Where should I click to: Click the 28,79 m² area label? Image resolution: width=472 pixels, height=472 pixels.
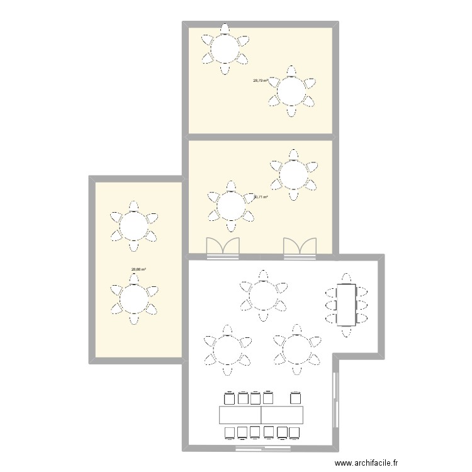(x=261, y=81)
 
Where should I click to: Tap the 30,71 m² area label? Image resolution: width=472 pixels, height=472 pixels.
(x=261, y=197)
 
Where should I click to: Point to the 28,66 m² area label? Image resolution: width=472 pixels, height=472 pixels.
(x=138, y=270)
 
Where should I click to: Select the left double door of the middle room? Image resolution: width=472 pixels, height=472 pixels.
(x=223, y=248)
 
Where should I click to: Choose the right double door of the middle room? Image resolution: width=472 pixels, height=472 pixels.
(x=300, y=248)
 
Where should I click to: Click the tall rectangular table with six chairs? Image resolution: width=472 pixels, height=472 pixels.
(x=346, y=305)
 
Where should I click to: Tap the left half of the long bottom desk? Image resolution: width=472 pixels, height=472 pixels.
(x=240, y=415)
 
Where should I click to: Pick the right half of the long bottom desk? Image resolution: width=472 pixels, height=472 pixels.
(x=283, y=415)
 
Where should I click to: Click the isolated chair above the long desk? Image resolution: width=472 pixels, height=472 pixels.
(x=294, y=398)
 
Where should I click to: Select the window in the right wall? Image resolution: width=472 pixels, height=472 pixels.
(x=334, y=396)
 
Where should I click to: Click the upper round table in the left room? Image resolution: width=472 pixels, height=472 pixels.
(x=133, y=225)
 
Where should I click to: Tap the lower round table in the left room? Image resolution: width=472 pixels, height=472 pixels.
(x=133, y=300)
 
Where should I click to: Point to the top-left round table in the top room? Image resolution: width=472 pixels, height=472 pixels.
(x=225, y=48)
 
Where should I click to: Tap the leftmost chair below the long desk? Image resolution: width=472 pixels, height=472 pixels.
(x=229, y=432)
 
